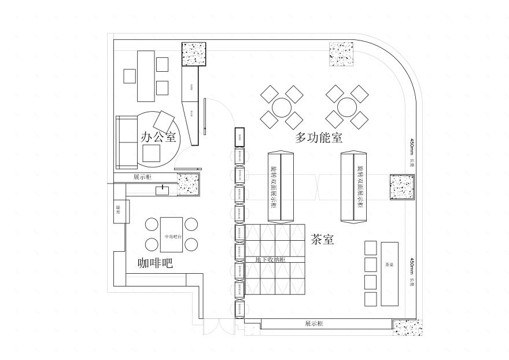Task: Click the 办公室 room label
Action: (158, 137)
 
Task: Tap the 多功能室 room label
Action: (319, 138)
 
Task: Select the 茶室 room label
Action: (322, 240)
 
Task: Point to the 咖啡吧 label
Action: (155, 263)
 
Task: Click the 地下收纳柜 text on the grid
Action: (270, 260)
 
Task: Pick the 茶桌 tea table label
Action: (389, 265)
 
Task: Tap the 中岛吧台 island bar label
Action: (173, 236)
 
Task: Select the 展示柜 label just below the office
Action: (142, 177)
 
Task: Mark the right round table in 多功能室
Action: (346, 107)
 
